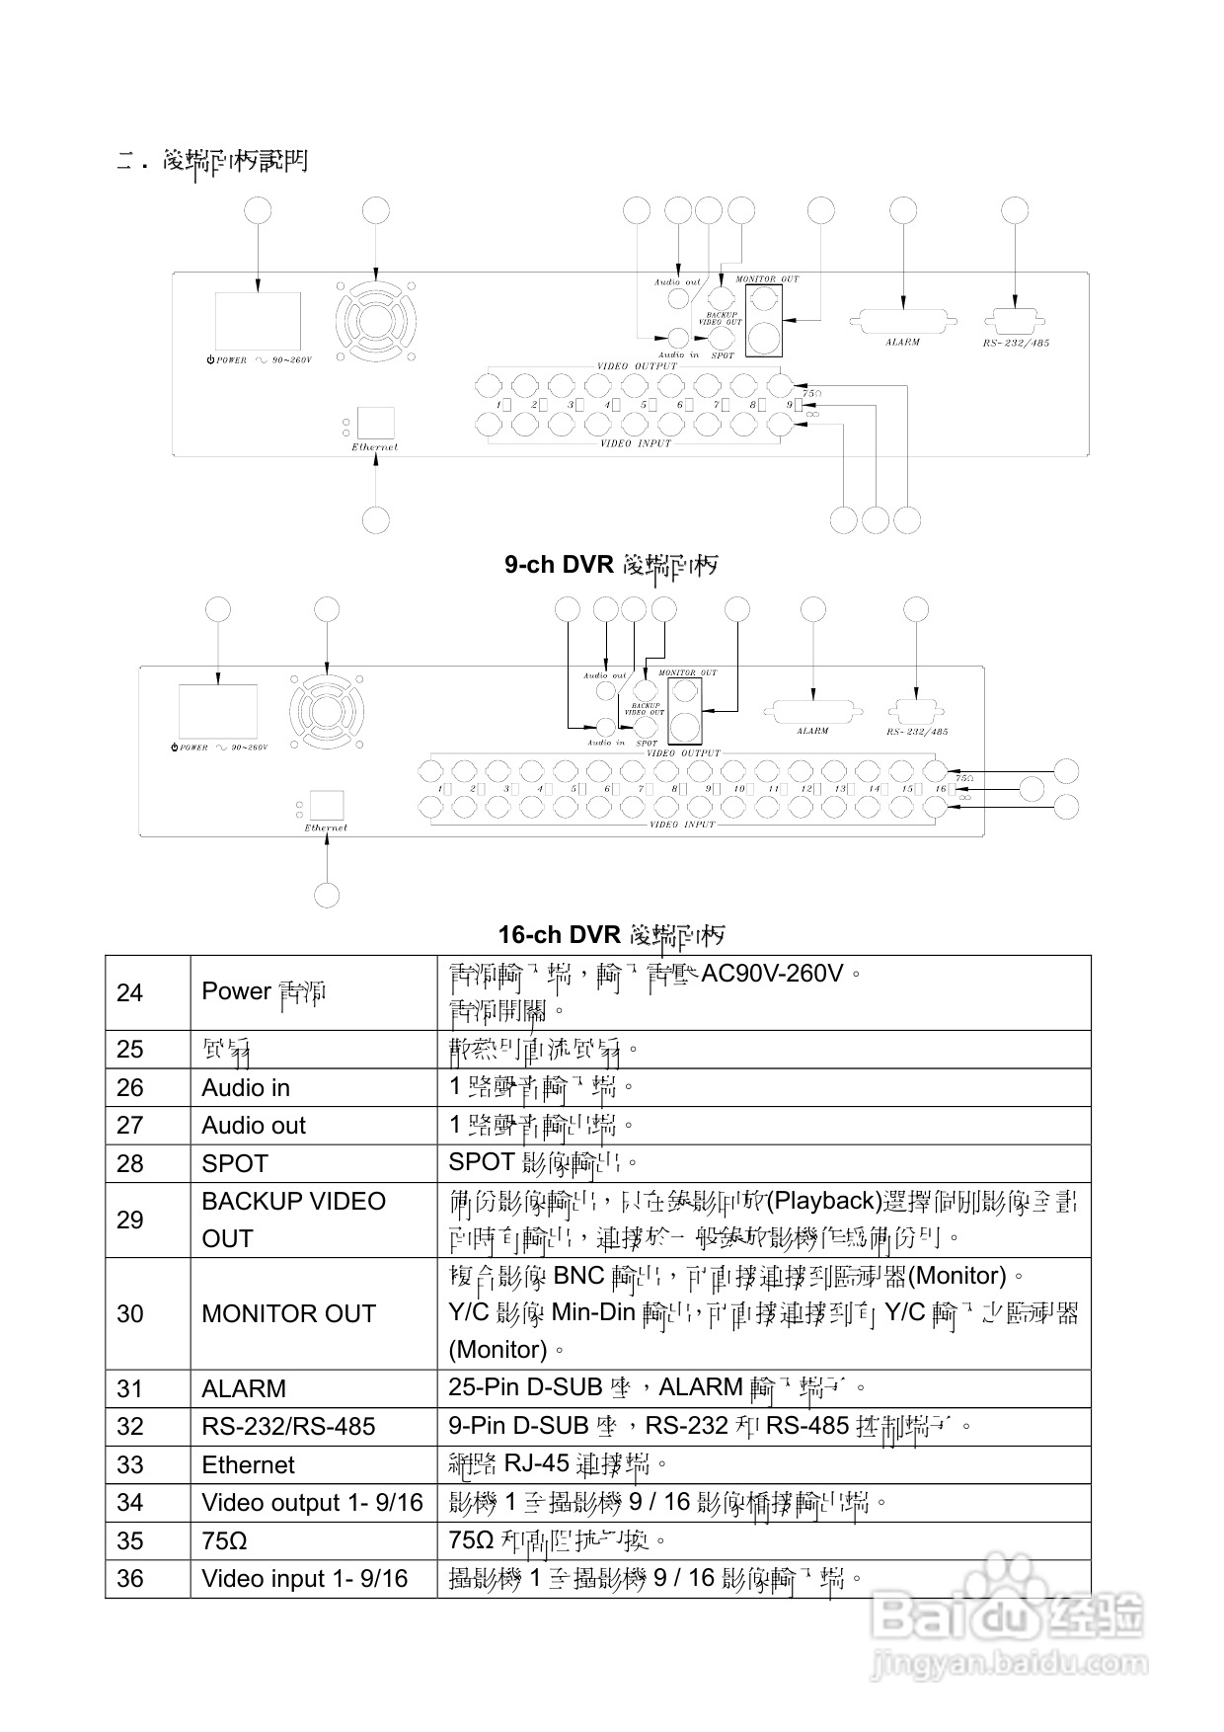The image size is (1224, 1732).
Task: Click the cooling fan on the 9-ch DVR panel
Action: pyautogui.click(x=375, y=322)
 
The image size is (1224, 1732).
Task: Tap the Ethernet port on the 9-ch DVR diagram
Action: pyautogui.click(x=375, y=423)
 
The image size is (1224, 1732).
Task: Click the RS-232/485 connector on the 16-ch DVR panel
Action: pyautogui.click(x=917, y=712)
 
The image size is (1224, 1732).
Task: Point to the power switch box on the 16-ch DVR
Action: pyautogui.click(x=218, y=711)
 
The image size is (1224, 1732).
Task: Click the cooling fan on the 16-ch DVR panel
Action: pyautogui.click(x=327, y=711)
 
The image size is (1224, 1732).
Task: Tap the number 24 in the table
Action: pyautogui.click(x=130, y=992)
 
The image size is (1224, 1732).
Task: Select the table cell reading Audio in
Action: pyautogui.click(x=246, y=1088)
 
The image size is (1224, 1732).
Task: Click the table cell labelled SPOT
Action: pyautogui.click(x=235, y=1164)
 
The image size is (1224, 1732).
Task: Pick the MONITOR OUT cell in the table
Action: pyautogui.click(x=288, y=1314)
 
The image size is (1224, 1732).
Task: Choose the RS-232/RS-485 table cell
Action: pyautogui.click(x=288, y=1427)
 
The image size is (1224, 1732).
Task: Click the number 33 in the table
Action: pyautogui.click(x=130, y=1465)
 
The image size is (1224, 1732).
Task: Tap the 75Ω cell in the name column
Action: pyautogui.click(x=224, y=1541)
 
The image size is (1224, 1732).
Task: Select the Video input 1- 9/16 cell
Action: pyautogui.click(x=304, y=1579)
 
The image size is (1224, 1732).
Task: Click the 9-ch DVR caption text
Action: pyautogui.click(x=611, y=565)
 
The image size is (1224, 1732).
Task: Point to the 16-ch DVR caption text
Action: pyautogui.click(x=611, y=935)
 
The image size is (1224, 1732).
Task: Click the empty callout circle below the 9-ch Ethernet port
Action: pyautogui.click(x=376, y=519)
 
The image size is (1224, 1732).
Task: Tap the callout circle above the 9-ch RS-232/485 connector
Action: pyautogui.click(x=1015, y=210)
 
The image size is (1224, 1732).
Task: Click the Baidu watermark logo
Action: pyautogui.click(x=1007, y=1619)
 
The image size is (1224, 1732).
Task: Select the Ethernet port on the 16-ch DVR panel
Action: pyautogui.click(x=327, y=804)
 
